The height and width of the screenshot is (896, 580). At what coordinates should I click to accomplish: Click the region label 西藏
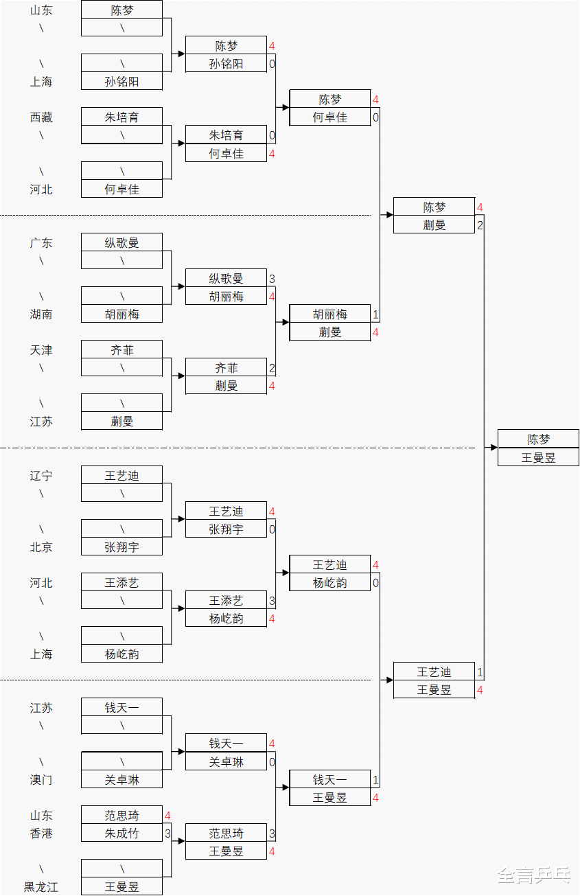tap(41, 117)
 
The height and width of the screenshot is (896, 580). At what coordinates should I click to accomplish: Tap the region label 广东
tap(41, 243)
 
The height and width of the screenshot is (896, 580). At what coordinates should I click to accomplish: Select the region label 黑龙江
tap(41, 887)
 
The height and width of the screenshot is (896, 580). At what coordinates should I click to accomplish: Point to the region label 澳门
tap(41, 780)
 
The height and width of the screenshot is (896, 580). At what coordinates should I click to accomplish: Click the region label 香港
tap(41, 834)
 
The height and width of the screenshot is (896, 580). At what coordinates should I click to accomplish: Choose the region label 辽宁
tap(41, 476)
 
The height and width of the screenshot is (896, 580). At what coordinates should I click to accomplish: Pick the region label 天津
tap(41, 350)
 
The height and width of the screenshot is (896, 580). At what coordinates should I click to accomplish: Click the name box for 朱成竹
tap(121, 834)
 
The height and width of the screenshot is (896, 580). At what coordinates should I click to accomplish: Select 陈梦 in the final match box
tap(538, 439)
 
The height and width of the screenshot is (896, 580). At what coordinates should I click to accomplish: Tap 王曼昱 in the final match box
tap(538, 457)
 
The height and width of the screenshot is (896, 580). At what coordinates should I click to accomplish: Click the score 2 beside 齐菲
tap(272, 368)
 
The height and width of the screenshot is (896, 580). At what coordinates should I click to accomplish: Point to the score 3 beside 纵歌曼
tap(272, 279)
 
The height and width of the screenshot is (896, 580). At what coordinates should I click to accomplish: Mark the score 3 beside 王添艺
tap(272, 601)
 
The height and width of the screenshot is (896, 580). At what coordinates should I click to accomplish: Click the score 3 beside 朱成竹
tap(167, 834)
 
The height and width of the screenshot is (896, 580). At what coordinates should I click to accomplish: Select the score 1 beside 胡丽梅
tap(375, 314)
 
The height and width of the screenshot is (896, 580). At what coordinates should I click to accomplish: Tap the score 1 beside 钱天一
tap(375, 780)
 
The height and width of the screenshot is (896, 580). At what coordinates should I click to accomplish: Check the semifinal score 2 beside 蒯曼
tap(480, 225)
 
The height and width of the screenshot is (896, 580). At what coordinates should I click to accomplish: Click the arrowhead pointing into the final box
tap(494, 448)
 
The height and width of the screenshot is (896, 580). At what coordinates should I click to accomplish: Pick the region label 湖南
tap(41, 314)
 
